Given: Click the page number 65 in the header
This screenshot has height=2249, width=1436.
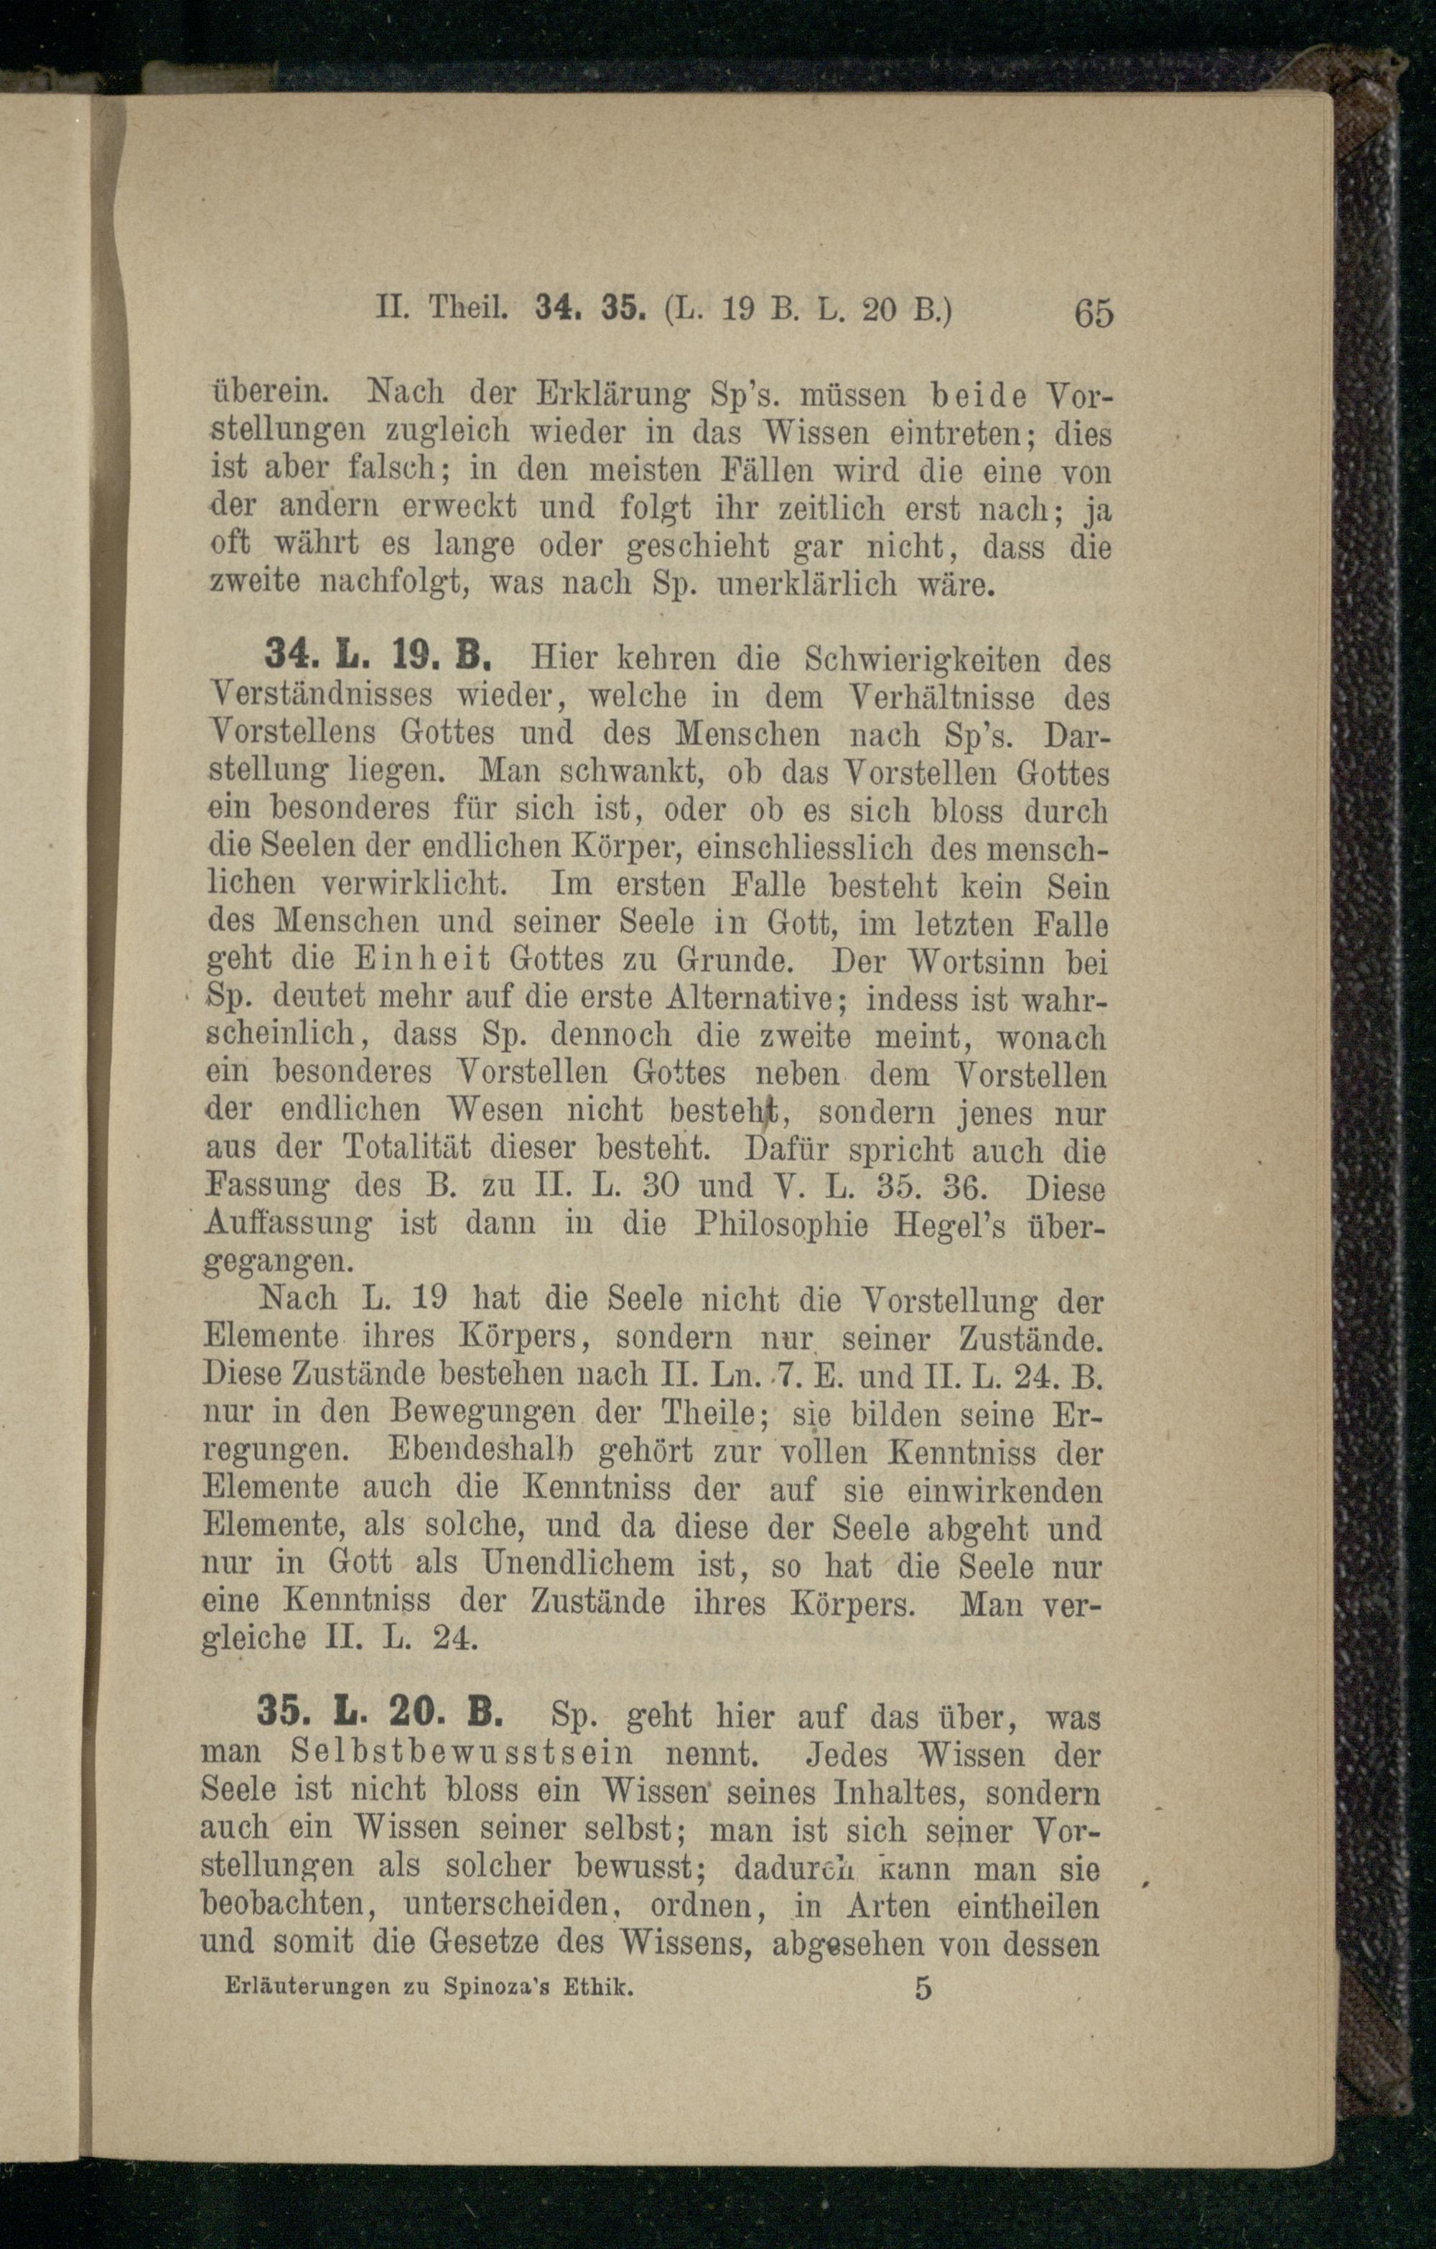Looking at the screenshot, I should [1094, 312].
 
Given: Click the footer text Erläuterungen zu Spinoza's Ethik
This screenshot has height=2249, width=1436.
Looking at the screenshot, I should [429, 1988].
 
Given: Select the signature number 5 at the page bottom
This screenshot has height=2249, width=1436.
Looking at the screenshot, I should [923, 1988].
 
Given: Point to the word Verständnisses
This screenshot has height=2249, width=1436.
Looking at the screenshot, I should [322, 697].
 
